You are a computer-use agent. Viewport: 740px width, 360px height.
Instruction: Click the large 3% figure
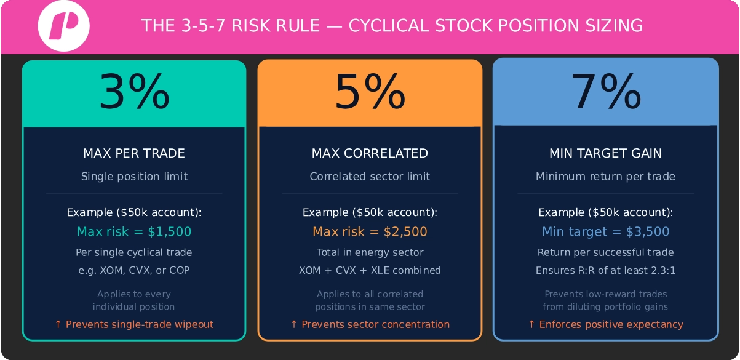(x=134, y=92)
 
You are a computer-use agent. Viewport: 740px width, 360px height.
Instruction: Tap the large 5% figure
(x=370, y=92)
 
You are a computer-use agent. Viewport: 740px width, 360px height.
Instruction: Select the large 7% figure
(x=606, y=92)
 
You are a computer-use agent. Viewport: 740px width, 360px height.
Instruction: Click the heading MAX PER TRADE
(x=134, y=153)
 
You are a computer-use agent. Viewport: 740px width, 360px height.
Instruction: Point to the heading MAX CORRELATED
(x=370, y=153)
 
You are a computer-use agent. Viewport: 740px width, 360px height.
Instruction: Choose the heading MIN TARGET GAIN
(x=606, y=153)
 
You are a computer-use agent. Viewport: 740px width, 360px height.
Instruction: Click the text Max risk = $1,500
(x=134, y=232)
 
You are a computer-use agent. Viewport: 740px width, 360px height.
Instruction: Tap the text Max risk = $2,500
(x=370, y=232)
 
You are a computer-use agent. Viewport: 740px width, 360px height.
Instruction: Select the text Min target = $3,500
(x=606, y=232)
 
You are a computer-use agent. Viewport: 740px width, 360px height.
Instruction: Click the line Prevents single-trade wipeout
(x=134, y=324)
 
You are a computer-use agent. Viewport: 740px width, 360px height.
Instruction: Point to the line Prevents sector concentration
(x=370, y=324)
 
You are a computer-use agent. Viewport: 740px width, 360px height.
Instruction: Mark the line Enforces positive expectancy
(x=606, y=324)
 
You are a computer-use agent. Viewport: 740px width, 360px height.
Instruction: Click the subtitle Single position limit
(x=134, y=177)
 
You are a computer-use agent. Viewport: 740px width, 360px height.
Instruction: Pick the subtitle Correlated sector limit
(x=370, y=177)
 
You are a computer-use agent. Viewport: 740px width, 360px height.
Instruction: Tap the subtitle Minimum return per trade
(x=606, y=177)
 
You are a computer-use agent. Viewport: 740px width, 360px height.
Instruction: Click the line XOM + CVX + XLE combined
(x=370, y=270)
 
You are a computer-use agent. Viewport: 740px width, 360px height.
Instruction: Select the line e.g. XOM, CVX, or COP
(x=134, y=270)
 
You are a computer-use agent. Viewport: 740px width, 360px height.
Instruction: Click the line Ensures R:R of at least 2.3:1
(x=606, y=270)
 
